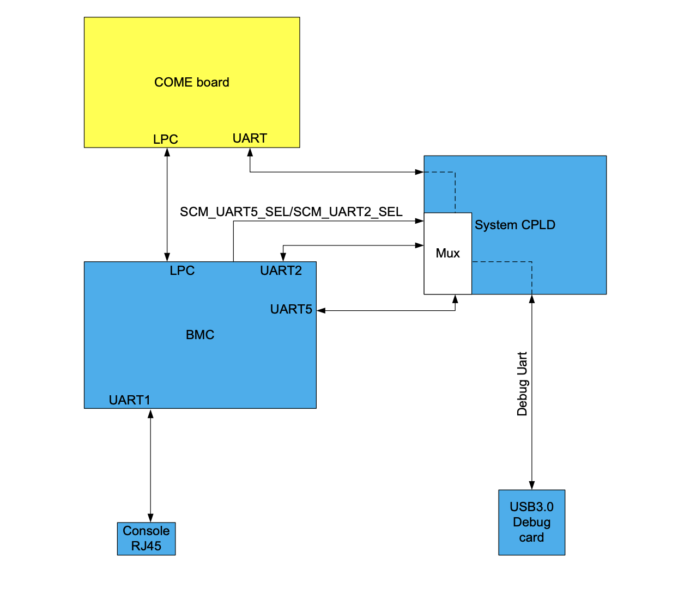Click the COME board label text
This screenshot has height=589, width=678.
point(191,82)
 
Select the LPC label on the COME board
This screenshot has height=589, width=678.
point(165,139)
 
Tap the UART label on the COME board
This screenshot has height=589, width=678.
point(250,138)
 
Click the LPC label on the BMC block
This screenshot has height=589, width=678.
point(182,271)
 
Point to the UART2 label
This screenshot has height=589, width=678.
point(281,271)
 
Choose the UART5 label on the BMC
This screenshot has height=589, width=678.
point(291,309)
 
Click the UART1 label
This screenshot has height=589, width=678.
point(130,400)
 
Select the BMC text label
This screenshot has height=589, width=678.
point(200,335)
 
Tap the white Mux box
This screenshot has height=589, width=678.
point(447,253)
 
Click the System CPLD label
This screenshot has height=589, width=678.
point(514,225)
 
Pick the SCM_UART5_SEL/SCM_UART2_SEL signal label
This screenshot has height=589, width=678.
point(291,212)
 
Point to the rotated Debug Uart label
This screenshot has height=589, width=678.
point(522,384)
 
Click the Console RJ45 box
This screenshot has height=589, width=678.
point(146,538)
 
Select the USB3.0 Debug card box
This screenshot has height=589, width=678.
point(531,522)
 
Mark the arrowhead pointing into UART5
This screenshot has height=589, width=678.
point(321,311)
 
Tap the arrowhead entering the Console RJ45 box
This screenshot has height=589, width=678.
point(150,518)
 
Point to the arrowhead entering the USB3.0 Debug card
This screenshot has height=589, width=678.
point(532,485)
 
